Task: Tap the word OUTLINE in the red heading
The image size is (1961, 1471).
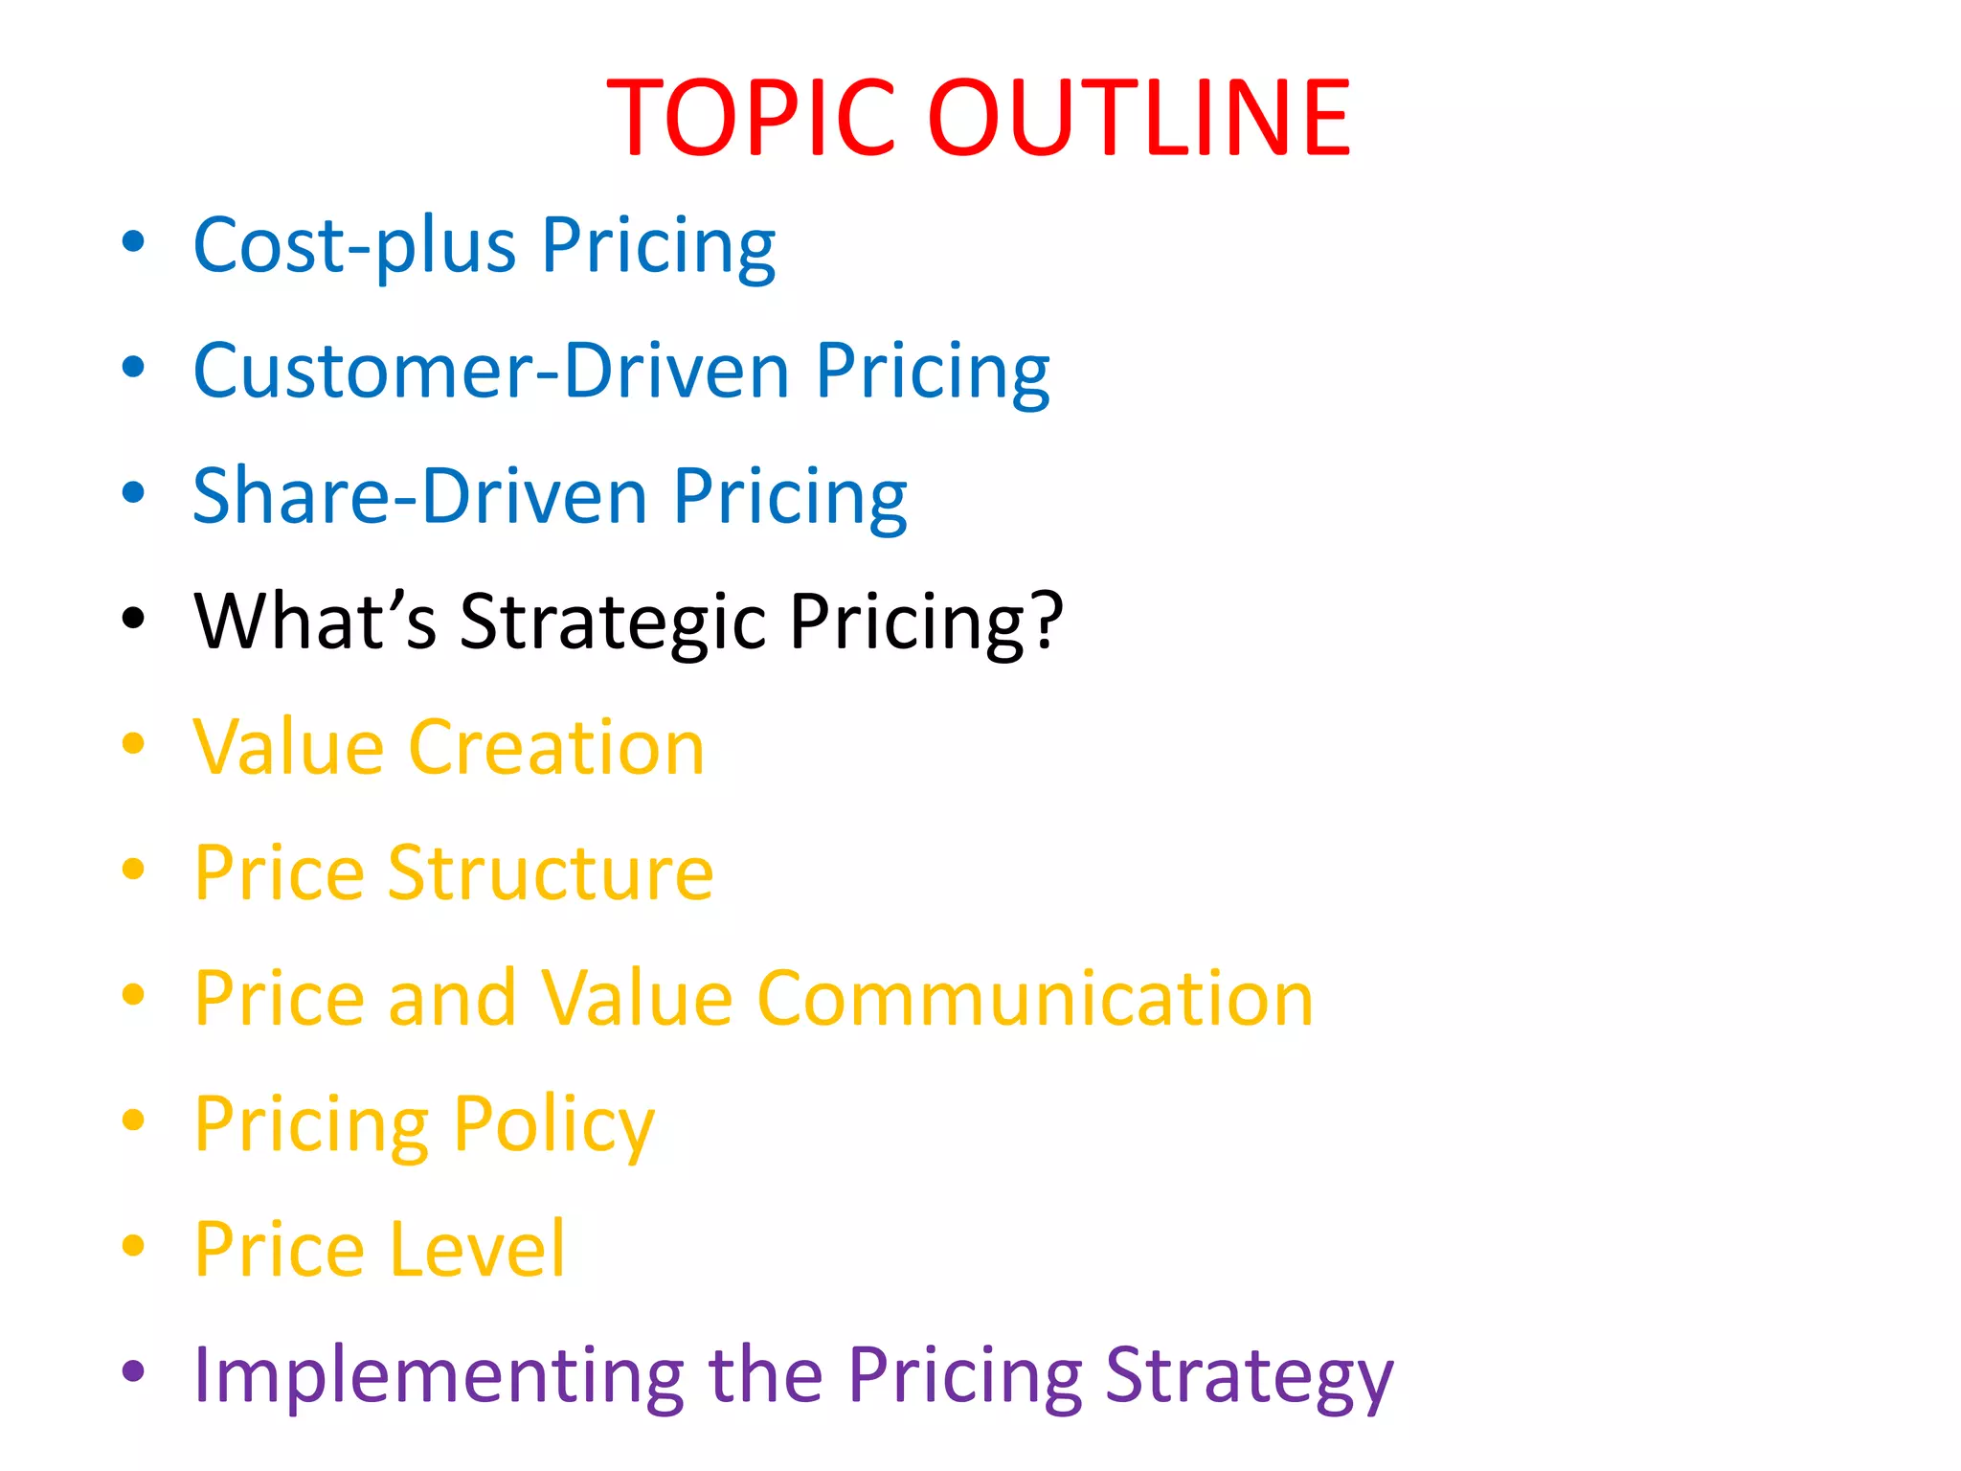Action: point(1139,119)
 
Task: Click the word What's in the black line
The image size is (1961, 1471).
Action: point(315,622)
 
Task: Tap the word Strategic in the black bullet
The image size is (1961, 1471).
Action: point(613,623)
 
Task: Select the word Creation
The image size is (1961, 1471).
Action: point(556,748)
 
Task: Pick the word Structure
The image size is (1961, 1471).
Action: point(551,873)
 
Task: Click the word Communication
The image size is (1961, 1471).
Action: point(1035,999)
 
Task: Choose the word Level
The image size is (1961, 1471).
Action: point(479,1250)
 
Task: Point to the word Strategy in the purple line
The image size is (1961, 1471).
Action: point(1250,1377)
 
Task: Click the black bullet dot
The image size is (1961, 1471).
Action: point(133,619)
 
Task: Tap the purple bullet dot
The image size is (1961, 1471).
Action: point(133,1371)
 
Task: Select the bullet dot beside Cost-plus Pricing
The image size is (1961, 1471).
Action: point(133,242)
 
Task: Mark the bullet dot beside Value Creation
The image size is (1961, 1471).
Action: point(133,744)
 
